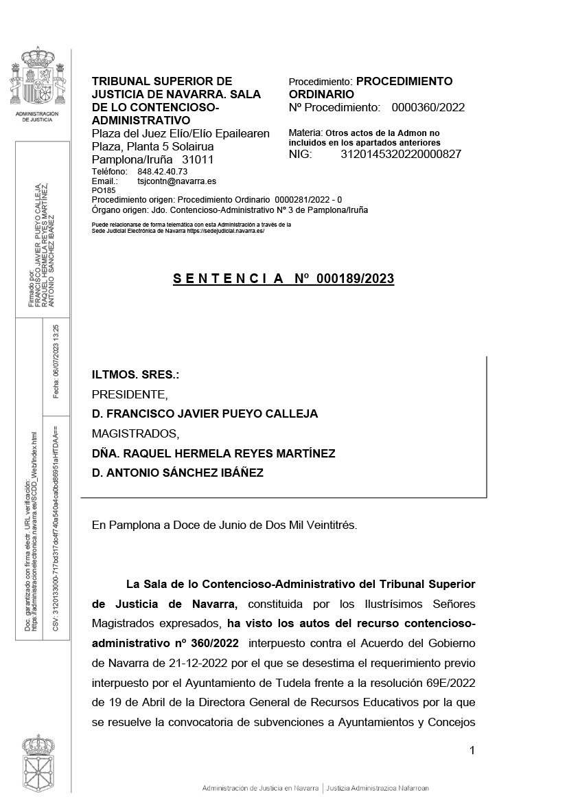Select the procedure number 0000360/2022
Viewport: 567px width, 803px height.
coord(428,107)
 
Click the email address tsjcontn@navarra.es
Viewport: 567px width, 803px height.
coord(177,181)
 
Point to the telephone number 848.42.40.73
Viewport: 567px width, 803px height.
coord(163,171)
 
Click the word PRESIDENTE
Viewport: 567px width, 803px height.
coord(129,394)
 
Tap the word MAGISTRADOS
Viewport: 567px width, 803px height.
coord(135,433)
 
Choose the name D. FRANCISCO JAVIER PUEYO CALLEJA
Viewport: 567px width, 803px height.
coord(205,414)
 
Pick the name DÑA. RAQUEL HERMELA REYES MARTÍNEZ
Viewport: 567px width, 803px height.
coord(213,453)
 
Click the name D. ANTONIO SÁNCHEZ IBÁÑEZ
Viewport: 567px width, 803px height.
coord(178,473)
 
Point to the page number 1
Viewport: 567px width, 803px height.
coord(472,750)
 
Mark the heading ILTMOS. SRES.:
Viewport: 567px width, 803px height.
coord(135,375)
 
